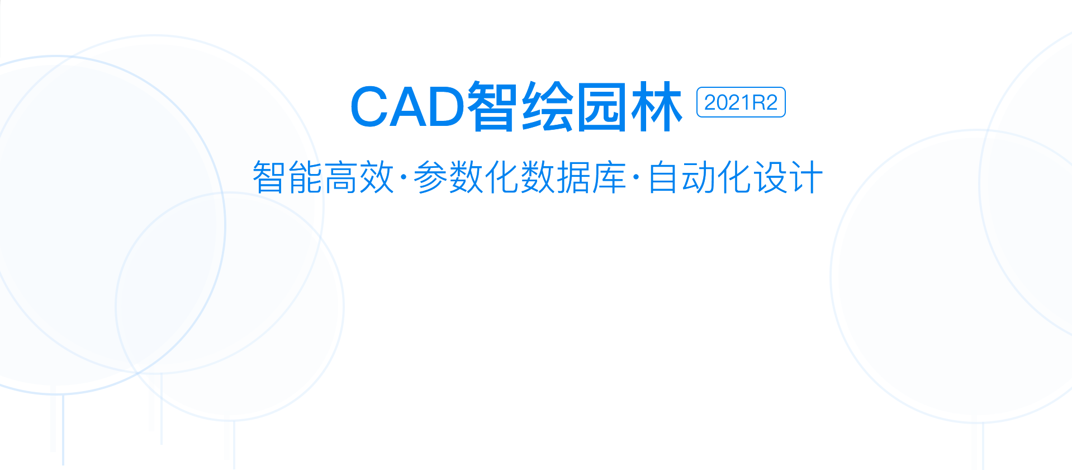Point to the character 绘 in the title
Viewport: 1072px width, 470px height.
click(x=548, y=106)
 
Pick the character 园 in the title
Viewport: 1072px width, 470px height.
click(x=601, y=106)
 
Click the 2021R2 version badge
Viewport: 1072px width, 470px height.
click(x=741, y=102)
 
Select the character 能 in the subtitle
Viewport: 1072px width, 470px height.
click(x=305, y=177)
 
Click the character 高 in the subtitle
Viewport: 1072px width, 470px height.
click(x=341, y=177)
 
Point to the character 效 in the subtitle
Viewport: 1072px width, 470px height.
click(x=377, y=177)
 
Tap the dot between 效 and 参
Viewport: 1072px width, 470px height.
click(x=404, y=177)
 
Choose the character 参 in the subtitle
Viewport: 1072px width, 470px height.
click(x=430, y=177)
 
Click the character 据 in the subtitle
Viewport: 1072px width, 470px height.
click(x=573, y=177)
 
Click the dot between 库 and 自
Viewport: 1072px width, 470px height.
click(x=636, y=177)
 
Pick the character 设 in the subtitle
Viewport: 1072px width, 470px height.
click(x=770, y=177)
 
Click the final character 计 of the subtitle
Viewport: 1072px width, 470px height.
click(x=806, y=177)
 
